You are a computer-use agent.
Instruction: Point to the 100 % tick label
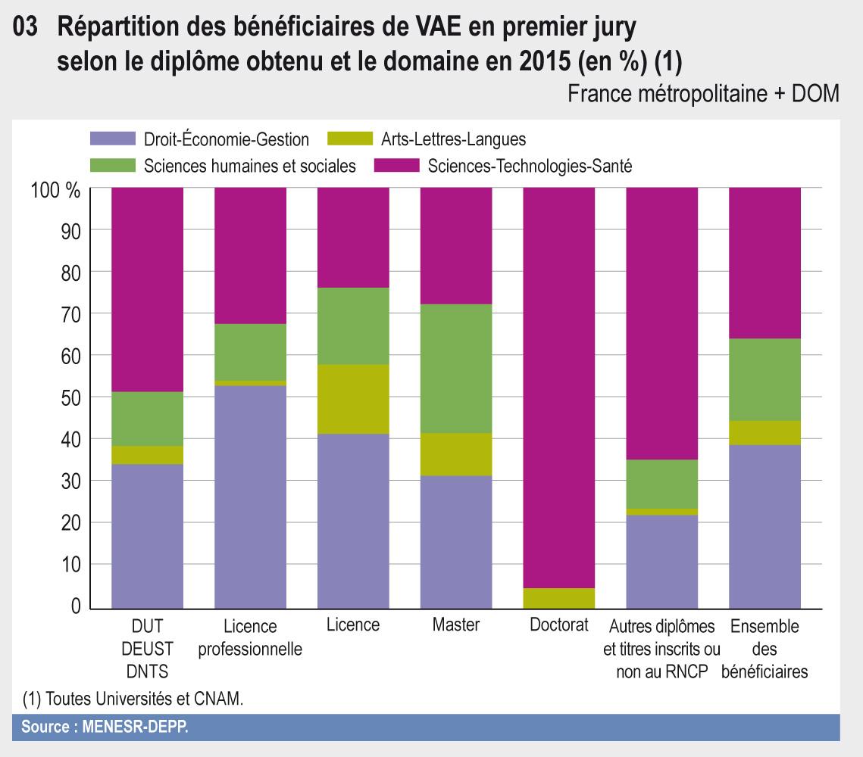[x=56, y=189]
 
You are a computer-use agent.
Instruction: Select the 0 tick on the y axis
[x=74, y=607]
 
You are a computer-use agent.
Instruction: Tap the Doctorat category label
[x=558, y=626]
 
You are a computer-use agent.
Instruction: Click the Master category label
[x=455, y=626]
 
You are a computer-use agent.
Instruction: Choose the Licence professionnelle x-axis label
[x=250, y=638]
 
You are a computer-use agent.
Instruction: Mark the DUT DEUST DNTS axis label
[x=147, y=649]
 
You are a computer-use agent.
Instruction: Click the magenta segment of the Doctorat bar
[x=558, y=386]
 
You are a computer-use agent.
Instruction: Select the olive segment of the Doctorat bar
[x=558, y=598]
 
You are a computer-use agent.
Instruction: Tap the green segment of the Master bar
[x=455, y=369]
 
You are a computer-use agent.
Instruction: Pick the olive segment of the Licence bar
[x=353, y=399]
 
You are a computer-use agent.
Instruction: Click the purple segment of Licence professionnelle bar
[x=250, y=497]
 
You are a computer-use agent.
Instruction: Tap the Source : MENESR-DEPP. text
[x=105, y=727]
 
